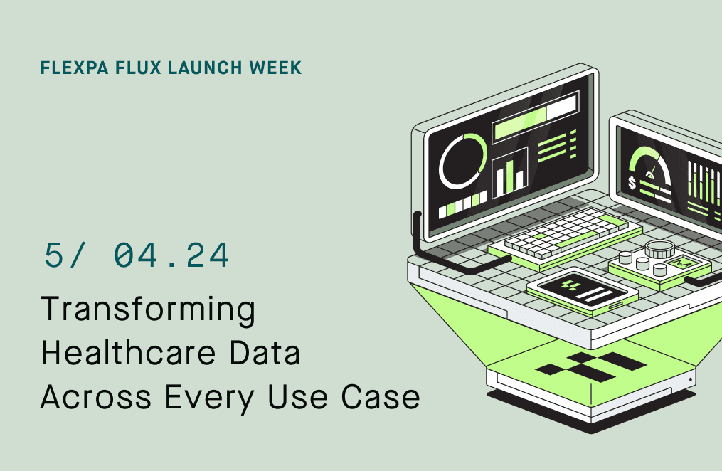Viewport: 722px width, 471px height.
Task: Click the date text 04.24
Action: [171, 255]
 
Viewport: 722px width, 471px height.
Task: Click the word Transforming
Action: [148, 310]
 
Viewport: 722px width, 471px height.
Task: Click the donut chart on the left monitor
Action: [462, 161]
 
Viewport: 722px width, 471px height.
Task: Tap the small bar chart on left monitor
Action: [510, 171]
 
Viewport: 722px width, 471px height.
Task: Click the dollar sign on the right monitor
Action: [633, 184]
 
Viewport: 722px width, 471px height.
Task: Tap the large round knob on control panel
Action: [659, 249]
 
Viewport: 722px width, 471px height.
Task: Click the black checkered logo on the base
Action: [590, 364]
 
